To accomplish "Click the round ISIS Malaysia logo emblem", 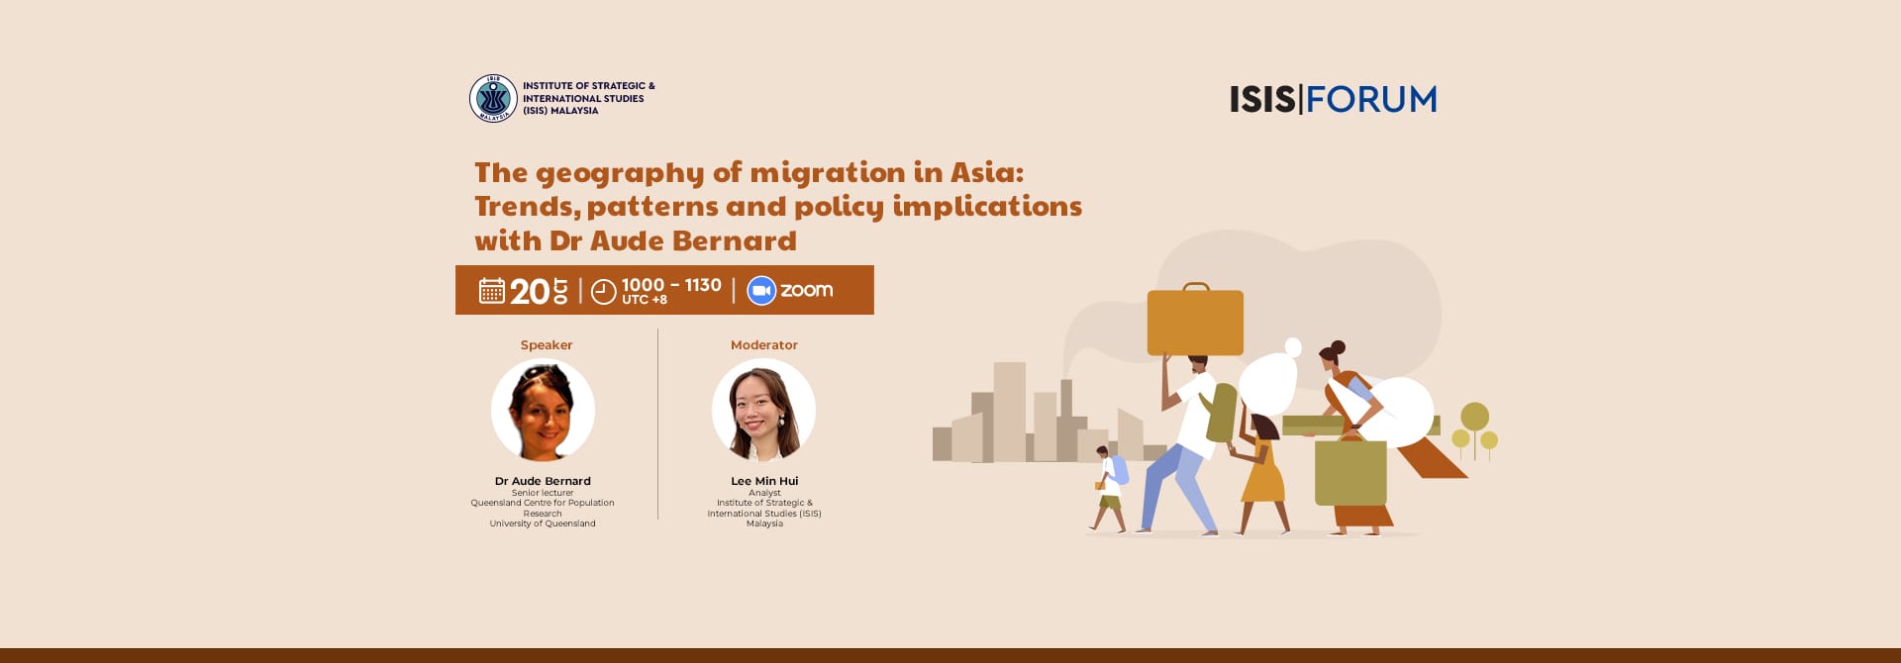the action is click(493, 98).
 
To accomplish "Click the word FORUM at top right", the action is click(1371, 99).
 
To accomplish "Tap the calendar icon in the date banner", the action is click(492, 290).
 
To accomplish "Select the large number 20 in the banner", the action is click(530, 291).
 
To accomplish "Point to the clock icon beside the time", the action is click(604, 292).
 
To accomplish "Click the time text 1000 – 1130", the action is click(671, 285).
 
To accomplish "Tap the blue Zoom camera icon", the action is click(761, 290).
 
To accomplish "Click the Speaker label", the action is click(547, 345).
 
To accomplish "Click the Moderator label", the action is click(764, 345).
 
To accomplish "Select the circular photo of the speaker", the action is click(543, 410).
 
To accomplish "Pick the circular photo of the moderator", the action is click(763, 410).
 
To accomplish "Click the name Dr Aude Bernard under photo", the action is click(543, 481).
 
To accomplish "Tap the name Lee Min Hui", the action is click(764, 481).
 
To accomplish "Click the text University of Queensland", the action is click(543, 523).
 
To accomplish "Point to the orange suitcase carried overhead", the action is click(1195, 320).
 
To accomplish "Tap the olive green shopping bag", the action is click(1351, 469).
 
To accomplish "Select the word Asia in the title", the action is click(987, 172).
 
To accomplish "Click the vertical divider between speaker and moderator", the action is click(658, 424).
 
